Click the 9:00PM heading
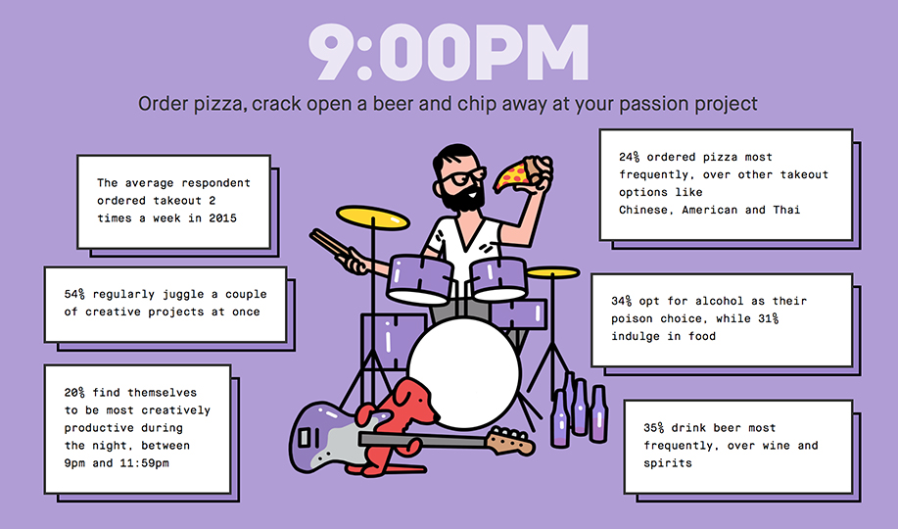[449, 53]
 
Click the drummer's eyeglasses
[462, 176]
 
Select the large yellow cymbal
[373, 217]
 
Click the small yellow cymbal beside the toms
[552, 272]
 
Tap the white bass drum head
[464, 373]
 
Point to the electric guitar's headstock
[510, 441]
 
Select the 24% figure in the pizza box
[629, 157]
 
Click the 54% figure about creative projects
[74, 294]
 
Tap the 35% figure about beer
[653, 427]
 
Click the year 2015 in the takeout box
[222, 217]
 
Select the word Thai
[786, 210]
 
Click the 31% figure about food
[768, 318]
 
